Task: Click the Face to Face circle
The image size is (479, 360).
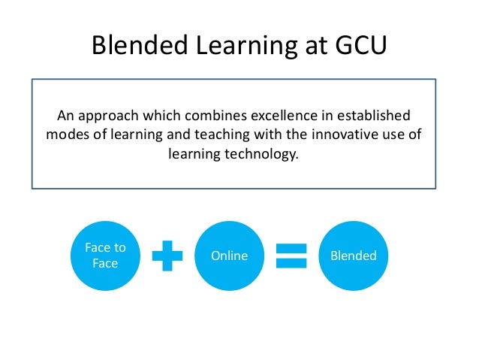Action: click(104, 256)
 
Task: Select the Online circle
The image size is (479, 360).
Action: click(229, 256)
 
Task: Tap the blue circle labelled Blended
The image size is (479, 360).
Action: click(353, 256)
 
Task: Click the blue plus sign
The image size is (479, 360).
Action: click(167, 256)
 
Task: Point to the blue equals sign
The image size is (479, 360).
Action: click(291, 256)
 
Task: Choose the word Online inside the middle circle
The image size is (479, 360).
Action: click(229, 256)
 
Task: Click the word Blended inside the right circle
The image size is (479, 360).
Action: click(353, 256)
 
